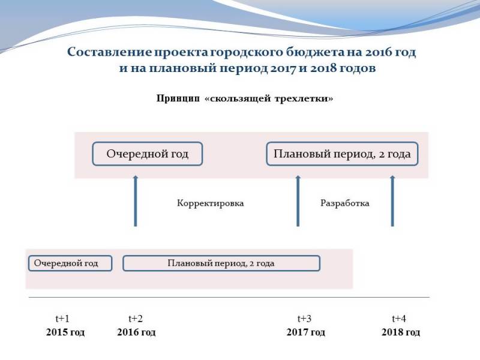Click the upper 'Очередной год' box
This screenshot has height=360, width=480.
point(148,154)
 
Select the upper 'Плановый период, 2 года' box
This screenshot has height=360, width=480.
point(342,154)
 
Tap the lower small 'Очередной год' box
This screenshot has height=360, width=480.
point(70,263)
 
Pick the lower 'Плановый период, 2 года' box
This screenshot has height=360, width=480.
point(221,263)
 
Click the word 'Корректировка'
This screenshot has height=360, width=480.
point(211,203)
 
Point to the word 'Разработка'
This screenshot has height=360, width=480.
point(344,203)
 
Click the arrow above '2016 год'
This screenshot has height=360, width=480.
point(136,201)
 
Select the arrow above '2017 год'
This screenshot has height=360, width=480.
point(298,201)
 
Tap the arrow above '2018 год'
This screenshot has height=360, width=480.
point(392,201)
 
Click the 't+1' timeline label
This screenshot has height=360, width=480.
point(62,319)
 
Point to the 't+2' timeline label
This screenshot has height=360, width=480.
point(136,319)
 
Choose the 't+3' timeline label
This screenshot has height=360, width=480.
point(304,319)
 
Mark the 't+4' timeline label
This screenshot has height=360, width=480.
point(399,319)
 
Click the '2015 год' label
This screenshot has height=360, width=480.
point(65,332)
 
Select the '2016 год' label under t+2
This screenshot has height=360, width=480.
point(136,332)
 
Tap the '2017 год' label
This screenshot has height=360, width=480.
point(306,332)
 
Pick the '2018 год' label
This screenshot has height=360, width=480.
point(401,332)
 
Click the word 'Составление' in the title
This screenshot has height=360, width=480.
point(109,52)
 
